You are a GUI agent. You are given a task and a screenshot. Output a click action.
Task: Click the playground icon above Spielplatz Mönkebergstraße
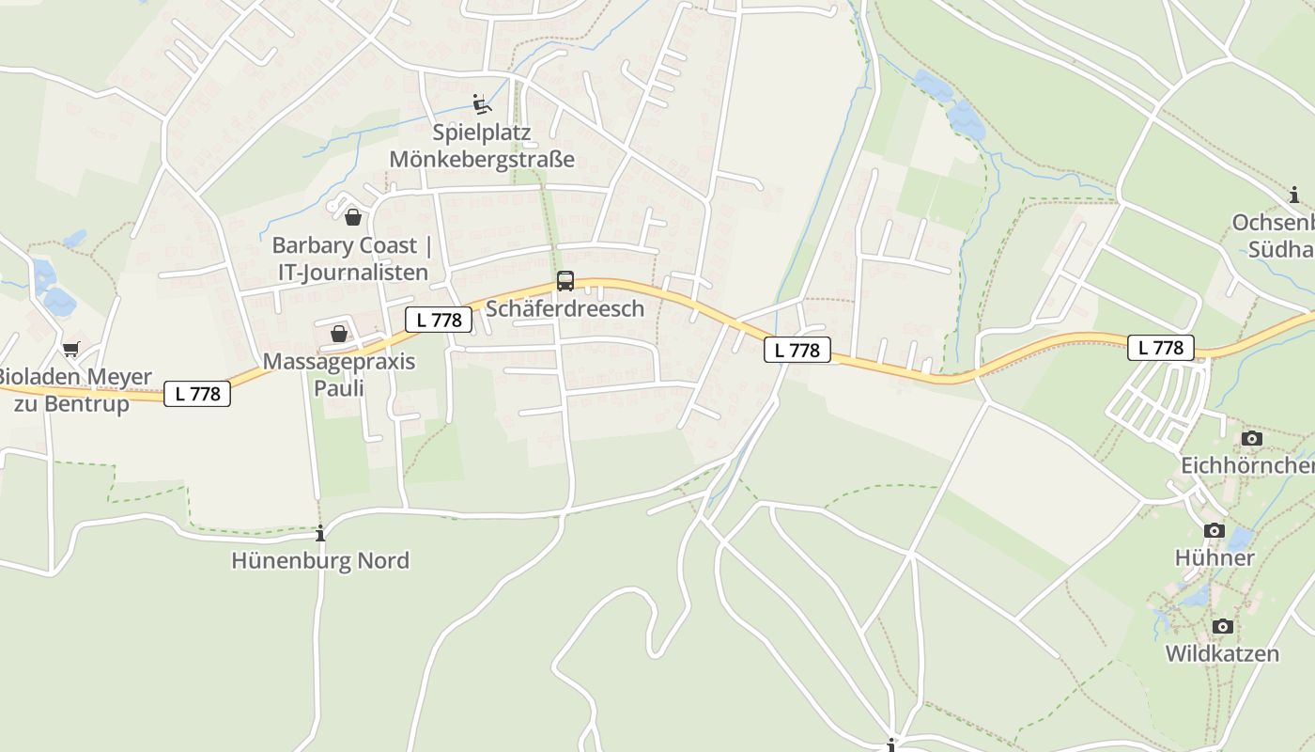click(x=482, y=103)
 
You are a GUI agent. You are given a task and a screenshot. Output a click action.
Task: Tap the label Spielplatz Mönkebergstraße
click(x=481, y=146)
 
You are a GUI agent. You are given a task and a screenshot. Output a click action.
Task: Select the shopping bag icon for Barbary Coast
click(x=353, y=217)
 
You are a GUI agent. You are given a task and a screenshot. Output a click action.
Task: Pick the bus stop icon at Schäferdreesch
click(x=565, y=280)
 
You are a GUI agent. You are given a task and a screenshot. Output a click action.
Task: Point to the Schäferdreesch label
click(x=565, y=308)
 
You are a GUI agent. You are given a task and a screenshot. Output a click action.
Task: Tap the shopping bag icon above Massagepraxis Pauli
click(x=339, y=334)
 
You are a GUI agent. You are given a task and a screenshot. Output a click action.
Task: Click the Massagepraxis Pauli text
click(x=338, y=374)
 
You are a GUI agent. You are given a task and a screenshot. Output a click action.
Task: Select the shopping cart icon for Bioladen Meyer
click(x=70, y=350)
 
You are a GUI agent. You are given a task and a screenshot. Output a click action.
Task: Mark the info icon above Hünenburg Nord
click(x=320, y=533)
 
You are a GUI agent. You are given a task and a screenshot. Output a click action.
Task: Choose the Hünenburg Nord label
click(x=320, y=560)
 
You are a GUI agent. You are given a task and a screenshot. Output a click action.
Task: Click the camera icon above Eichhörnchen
click(x=1251, y=438)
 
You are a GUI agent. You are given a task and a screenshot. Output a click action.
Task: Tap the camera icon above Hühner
click(x=1214, y=530)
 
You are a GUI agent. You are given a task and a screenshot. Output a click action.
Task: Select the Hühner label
click(x=1214, y=557)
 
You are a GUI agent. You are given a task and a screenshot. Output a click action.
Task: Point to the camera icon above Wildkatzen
click(x=1222, y=626)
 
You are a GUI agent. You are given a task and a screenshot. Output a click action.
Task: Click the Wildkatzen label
click(x=1222, y=653)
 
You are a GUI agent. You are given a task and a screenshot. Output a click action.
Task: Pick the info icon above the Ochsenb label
click(x=1295, y=195)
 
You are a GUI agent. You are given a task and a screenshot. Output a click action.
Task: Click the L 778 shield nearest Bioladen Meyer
click(x=197, y=394)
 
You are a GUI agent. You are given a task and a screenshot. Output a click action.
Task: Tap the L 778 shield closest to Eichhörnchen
click(x=1161, y=348)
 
